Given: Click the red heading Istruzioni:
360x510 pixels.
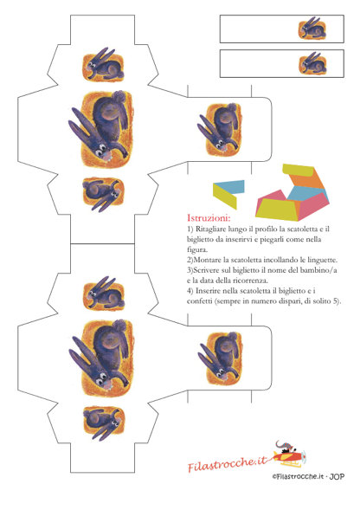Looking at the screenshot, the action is [209, 217].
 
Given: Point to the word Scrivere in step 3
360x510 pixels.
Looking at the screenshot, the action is [205, 270].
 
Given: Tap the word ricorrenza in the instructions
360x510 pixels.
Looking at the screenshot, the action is [252, 281].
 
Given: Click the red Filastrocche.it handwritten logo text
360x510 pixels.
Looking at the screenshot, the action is [228, 463].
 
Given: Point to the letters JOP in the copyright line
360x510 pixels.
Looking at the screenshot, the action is [337, 477].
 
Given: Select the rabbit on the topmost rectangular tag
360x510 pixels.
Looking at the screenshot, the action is [312, 29].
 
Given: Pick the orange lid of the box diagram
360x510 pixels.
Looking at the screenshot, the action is [305, 180].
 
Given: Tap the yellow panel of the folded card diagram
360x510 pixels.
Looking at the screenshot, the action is [225, 197].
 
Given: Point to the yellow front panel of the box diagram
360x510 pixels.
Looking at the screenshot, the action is [277, 207].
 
